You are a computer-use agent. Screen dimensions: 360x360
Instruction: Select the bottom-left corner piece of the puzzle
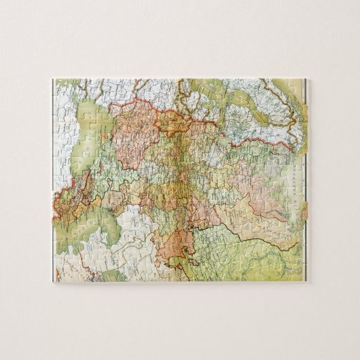coord(60,275)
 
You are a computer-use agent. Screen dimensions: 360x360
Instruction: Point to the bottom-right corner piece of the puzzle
coord(299,275)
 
